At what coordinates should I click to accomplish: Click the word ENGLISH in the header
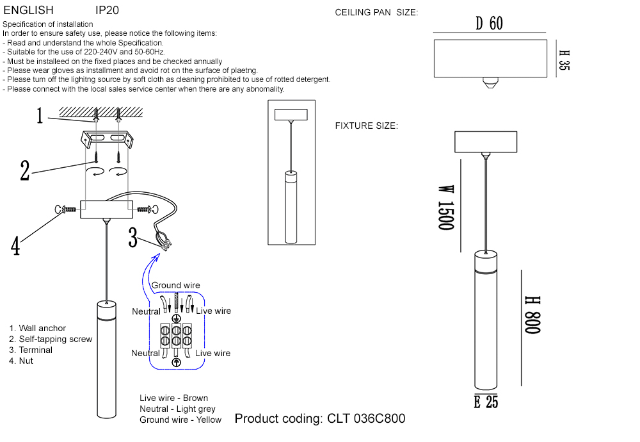click(29, 11)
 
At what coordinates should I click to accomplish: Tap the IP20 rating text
click(107, 11)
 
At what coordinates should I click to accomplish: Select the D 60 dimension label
click(490, 24)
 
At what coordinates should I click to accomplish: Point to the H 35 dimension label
click(563, 60)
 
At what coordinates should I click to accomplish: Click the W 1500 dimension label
click(445, 208)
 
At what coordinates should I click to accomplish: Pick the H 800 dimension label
click(532, 315)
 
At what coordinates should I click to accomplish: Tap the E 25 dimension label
click(486, 402)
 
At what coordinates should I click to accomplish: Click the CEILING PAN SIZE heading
click(376, 13)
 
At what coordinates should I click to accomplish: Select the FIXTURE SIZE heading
click(366, 126)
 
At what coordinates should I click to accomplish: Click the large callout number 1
click(40, 116)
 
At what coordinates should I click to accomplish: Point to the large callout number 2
click(24, 170)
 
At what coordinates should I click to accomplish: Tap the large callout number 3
click(133, 238)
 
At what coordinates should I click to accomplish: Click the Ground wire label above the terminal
click(175, 285)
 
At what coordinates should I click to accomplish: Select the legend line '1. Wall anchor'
click(38, 328)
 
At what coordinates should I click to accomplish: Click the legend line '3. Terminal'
click(31, 350)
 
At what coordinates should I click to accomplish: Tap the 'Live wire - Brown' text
click(173, 398)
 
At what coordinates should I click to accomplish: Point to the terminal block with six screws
click(176, 336)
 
